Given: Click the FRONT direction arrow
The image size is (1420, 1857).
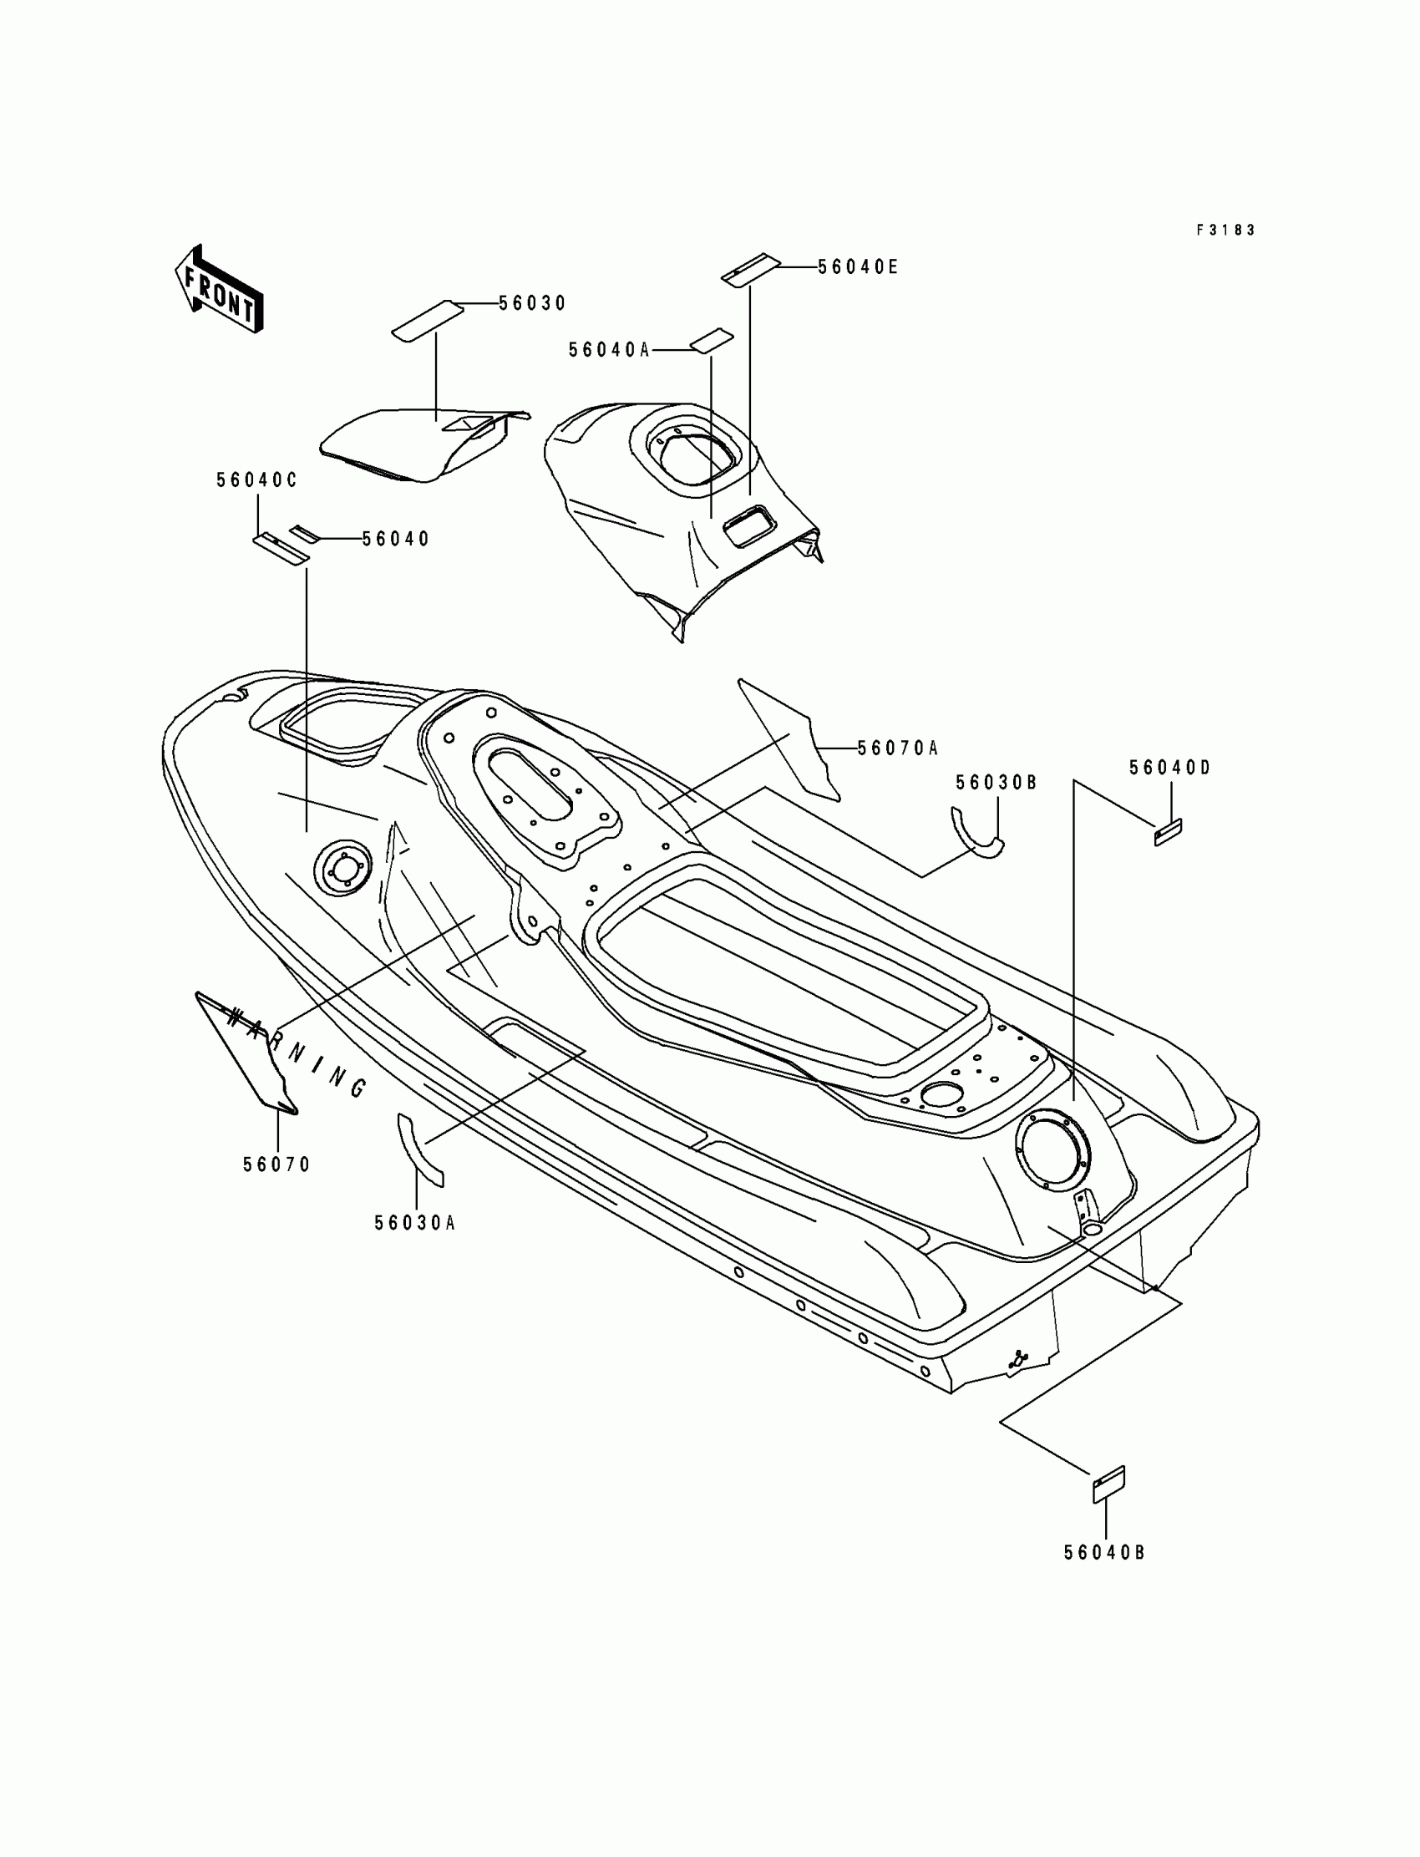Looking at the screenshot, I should pos(219,290).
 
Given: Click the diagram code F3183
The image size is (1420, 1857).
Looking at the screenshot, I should pos(1225,230).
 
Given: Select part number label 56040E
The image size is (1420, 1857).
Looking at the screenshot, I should pos(857,267).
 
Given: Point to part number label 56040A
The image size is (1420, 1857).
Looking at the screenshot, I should pos(609,350).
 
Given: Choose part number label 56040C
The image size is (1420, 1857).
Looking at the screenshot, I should pos(257,480).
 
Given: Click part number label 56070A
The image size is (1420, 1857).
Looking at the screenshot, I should pos(898,748).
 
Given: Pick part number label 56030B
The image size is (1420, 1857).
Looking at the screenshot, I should pos(997,783).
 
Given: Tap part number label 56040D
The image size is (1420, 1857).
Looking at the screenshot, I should pos(1170,768).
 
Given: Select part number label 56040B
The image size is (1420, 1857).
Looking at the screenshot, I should pos(1105,1553).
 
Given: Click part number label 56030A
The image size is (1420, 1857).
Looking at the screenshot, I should pos(415,1223).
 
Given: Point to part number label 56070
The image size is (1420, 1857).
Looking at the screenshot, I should pos(277,1164).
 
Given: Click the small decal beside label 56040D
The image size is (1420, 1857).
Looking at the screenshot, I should pos(1168,831).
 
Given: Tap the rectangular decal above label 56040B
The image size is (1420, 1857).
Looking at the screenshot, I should pos(1109,1484).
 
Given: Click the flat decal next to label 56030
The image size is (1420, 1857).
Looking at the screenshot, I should pos(428,321).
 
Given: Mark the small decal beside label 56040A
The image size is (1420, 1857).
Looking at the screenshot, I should pos(711,340).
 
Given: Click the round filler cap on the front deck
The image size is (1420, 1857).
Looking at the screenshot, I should pos(342,866).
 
